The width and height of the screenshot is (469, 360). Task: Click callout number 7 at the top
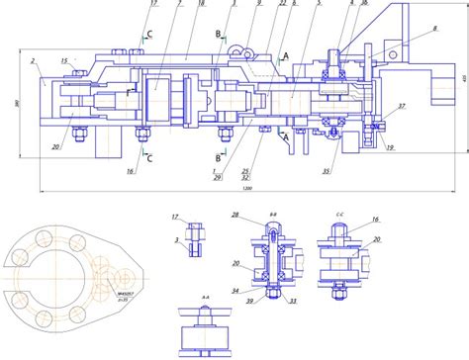179,5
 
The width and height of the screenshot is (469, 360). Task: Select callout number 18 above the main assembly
202,5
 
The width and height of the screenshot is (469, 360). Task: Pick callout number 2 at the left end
33,61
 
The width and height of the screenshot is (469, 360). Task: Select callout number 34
235,292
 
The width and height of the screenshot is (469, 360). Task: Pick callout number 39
248,301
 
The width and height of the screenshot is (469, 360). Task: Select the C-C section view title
338,213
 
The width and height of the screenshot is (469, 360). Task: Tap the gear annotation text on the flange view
101,295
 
